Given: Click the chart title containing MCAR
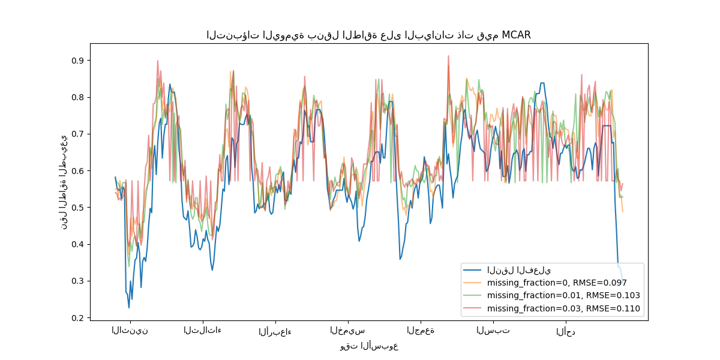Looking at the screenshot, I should point(368,35).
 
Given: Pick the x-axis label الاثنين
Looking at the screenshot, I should point(130,331).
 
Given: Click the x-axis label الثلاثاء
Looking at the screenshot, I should point(202,331).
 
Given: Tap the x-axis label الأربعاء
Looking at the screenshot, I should point(275,331).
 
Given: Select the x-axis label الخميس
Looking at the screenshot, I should point(347,331).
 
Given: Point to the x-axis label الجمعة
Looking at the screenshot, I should point(420,331).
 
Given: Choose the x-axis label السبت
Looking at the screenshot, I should point(493,331).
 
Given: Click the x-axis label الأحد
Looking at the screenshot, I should point(565,331).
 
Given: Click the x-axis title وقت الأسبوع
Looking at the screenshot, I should point(369,346).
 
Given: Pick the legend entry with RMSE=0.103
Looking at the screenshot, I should point(563,296).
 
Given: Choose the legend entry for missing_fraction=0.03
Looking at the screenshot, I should point(563,309).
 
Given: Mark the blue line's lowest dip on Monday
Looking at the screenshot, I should point(128,308).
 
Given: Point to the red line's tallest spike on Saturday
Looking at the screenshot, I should point(448,56).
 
